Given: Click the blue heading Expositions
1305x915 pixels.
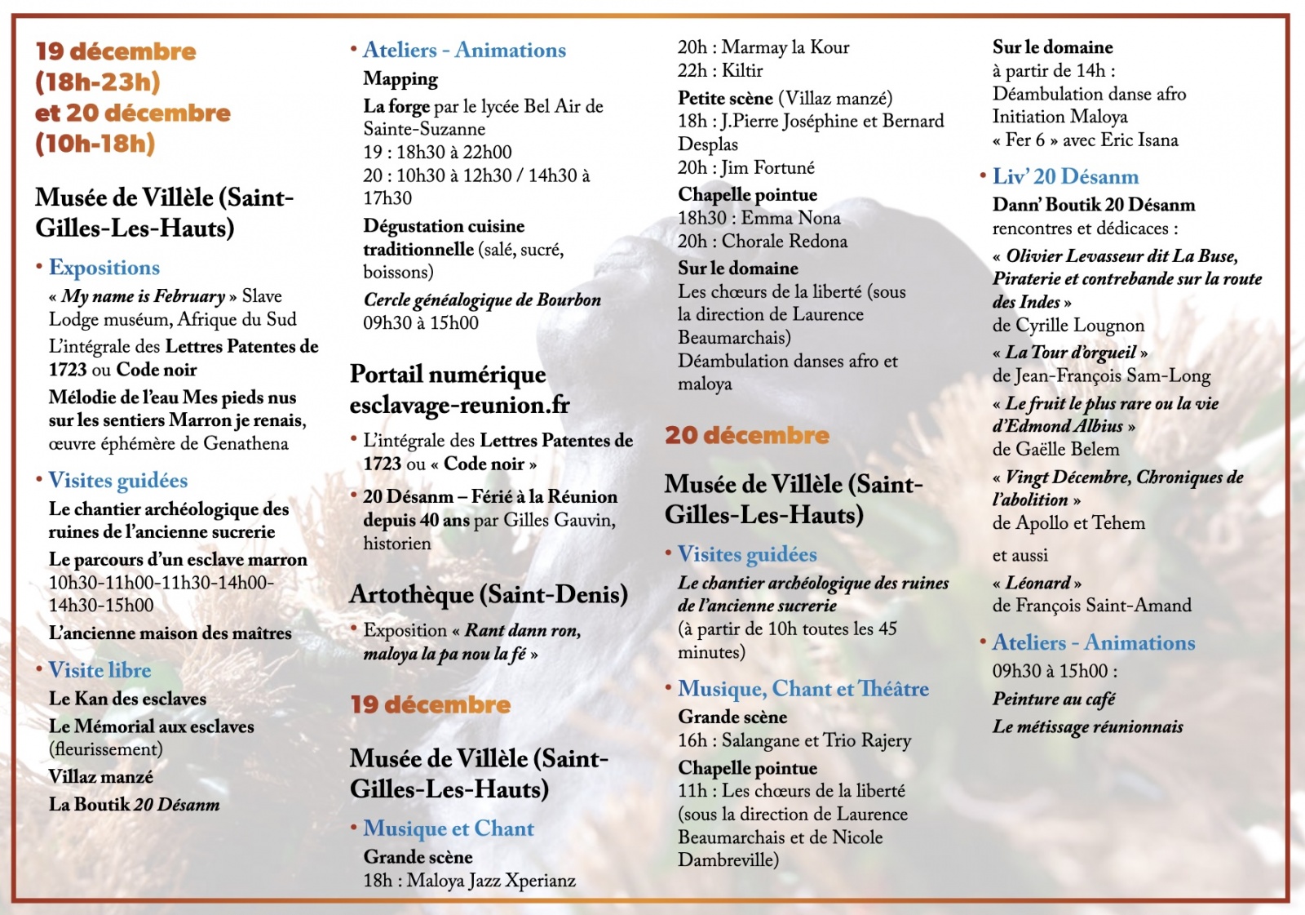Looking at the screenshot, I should [104, 268].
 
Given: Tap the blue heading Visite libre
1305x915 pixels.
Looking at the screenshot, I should [100, 670].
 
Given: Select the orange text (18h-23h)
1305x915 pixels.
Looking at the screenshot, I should [98, 82].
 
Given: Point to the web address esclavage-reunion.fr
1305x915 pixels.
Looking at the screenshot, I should [459, 405].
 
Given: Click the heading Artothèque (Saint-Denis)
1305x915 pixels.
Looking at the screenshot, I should [489, 594].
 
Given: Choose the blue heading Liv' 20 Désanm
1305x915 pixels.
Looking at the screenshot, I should [1065, 176].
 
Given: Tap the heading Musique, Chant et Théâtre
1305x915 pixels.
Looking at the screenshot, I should [803, 689].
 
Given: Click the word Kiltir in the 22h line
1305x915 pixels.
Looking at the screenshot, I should [742, 71].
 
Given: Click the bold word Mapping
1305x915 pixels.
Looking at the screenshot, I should [400, 79].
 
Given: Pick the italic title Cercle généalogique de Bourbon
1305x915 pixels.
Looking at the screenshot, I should [482, 300].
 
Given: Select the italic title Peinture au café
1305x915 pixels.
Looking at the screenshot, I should [1053, 699].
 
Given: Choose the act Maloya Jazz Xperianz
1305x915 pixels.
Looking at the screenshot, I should [491, 881].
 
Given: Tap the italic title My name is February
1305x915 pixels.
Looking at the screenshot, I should [144, 296].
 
